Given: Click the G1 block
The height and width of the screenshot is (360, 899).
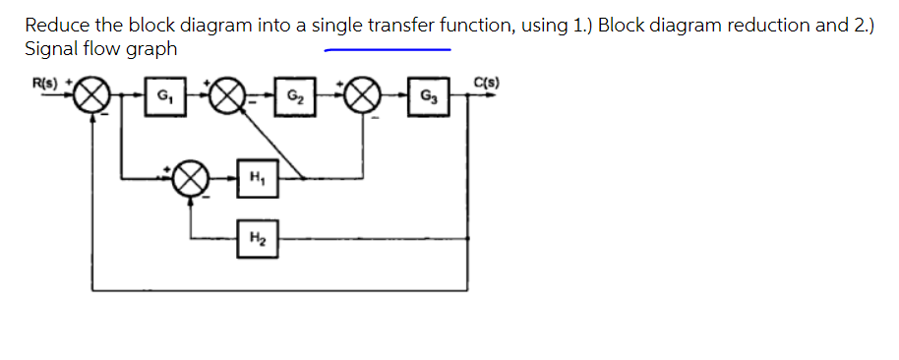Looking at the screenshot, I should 160,98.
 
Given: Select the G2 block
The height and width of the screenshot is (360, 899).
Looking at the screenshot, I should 294,98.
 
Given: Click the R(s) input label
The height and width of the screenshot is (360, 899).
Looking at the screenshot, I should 41,82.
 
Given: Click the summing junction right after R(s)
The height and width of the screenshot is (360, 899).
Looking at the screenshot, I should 91,98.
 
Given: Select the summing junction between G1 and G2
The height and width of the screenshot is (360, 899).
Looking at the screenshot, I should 227,98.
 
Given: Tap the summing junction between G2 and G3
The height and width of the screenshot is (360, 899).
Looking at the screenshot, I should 361,98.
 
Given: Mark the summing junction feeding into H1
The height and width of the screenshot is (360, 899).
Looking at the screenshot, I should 189,181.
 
